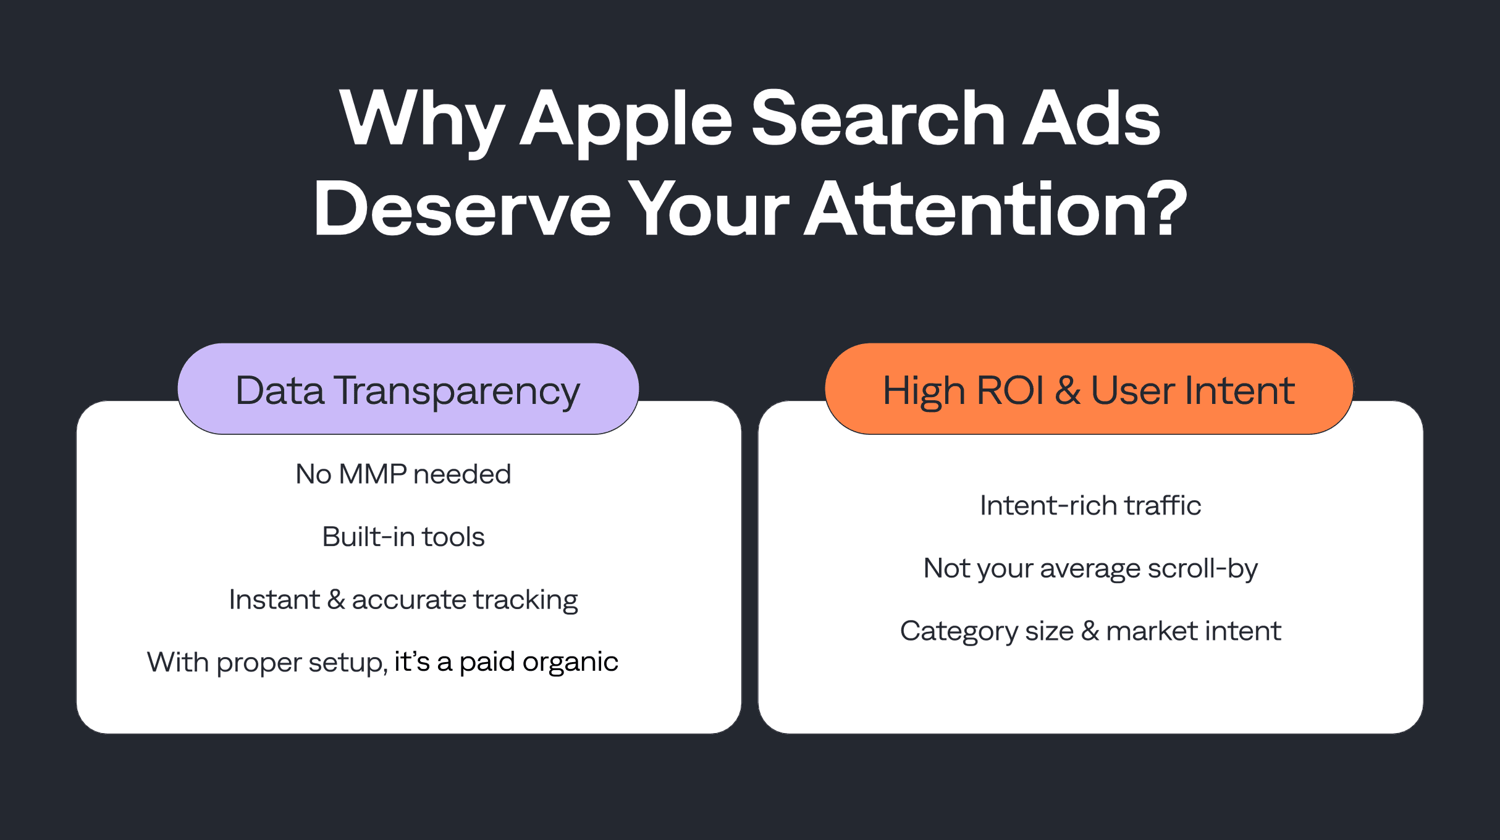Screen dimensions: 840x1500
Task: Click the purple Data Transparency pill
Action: [x=408, y=389]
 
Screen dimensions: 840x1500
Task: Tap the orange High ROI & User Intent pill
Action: [x=1089, y=389]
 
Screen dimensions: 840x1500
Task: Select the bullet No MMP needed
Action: [x=403, y=474]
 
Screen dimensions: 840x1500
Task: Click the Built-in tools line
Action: [x=403, y=537]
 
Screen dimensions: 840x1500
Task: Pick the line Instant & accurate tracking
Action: [x=403, y=600]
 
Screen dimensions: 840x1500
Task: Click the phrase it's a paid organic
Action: [x=506, y=662]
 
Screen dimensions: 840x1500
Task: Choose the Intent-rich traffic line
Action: [x=1090, y=506]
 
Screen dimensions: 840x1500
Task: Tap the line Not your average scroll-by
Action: [x=1090, y=568]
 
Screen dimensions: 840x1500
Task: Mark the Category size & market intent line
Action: [x=1090, y=631]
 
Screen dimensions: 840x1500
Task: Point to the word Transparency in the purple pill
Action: [x=457, y=392]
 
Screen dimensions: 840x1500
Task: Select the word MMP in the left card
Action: [x=373, y=474]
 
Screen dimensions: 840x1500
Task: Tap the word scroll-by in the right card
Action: [x=1202, y=568]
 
